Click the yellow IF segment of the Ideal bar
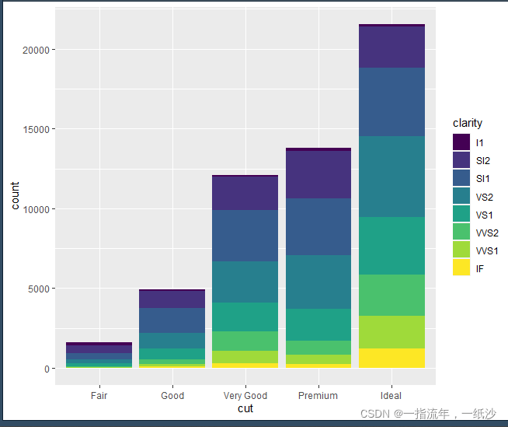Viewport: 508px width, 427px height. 391,358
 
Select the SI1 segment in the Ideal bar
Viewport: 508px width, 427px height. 391,102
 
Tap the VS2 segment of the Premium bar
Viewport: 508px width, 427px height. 318,282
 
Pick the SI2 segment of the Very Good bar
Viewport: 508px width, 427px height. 245,193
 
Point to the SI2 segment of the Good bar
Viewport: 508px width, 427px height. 172,299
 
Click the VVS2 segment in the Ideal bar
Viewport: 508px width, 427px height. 391,295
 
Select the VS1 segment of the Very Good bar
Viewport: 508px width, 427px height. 245,317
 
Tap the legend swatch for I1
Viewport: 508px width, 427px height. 461,142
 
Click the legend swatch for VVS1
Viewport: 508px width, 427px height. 461,249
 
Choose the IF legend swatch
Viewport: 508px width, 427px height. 461,267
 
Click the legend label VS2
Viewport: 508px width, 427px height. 485,197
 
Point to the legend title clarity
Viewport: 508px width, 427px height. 468,123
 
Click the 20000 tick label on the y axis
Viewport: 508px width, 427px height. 36,50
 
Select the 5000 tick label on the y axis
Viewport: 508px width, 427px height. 39,289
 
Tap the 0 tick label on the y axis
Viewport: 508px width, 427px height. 47,369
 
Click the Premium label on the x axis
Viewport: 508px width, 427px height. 318,396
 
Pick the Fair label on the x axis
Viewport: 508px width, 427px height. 99,396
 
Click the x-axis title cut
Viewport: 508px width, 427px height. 245,408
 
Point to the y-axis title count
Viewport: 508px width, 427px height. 15,195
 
